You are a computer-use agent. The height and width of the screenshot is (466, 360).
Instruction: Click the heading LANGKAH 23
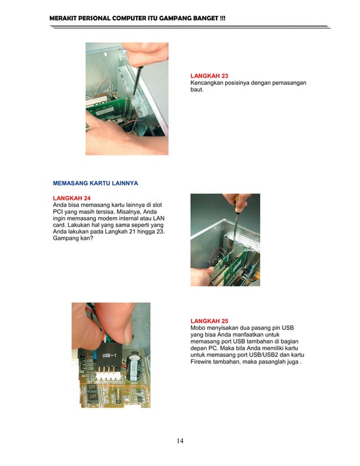[209, 75]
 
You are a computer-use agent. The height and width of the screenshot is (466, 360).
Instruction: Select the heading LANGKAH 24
[72, 198]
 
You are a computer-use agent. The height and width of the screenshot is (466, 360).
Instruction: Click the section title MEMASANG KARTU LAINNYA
[95, 183]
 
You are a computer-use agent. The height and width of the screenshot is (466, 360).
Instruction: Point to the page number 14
[179, 441]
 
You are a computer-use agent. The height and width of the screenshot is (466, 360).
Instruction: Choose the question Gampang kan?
[73, 239]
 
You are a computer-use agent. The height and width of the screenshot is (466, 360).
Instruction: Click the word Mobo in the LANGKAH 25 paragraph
[198, 328]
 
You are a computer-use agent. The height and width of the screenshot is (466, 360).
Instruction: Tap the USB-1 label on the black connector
[109, 357]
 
